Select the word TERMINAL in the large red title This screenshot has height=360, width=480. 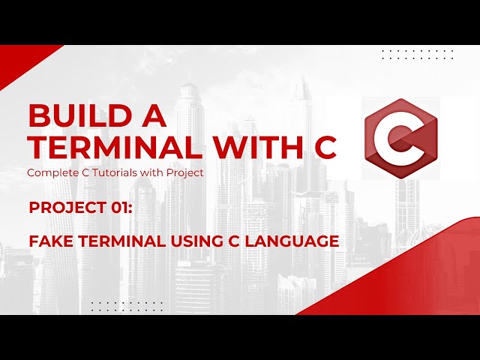tap(101, 148)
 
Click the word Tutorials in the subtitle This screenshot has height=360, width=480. tap(117, 172)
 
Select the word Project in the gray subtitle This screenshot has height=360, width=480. tap(184, 172)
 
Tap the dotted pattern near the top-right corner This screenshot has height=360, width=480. tap(418, 54)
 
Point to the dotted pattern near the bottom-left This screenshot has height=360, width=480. tap(126, 305)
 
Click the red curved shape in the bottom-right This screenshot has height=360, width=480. tap(420, 277)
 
